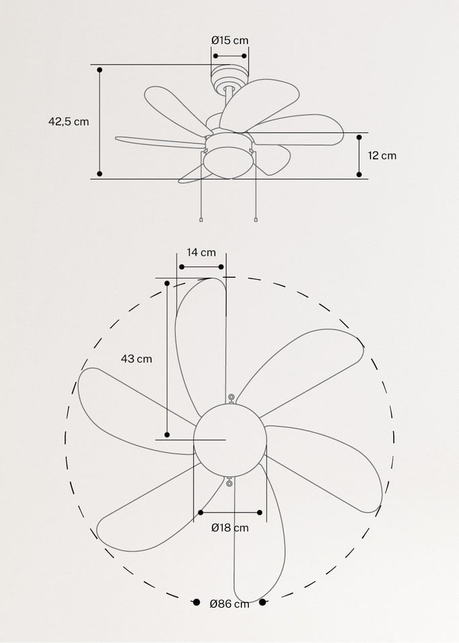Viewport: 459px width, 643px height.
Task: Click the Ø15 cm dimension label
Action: coord(230,40)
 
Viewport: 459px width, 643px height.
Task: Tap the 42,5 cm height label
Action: coord(69,122)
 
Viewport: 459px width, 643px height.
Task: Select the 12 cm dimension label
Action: coord(382,155)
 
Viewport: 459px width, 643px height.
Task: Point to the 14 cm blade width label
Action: coord(202,252)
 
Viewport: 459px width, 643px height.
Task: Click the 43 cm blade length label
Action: coord(136,358)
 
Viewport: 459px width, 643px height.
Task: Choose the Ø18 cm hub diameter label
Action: coord(230,528)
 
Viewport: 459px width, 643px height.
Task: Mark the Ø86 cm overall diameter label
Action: coord(229,604)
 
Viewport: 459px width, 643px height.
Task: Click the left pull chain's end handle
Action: coord(201,220)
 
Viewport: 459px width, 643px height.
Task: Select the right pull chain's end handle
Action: coord(256,219)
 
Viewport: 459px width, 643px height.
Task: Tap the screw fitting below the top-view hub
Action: coord(230,482)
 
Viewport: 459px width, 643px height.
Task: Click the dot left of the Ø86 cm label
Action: coord(196,602)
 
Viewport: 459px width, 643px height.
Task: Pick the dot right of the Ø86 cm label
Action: coord(263,602)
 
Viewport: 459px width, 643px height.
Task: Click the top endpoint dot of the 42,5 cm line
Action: coord(99,69)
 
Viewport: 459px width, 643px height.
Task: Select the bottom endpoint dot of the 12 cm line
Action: coord(359,175)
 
